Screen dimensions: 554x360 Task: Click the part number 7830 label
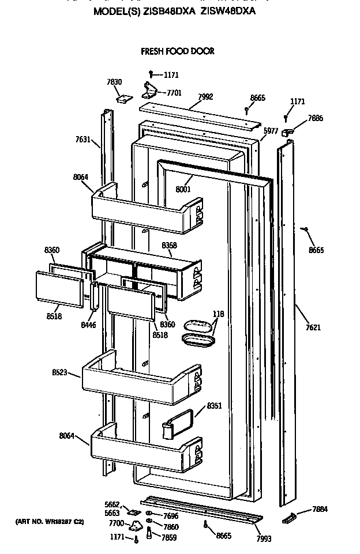point(114,82)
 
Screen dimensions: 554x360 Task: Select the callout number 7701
point(174,92)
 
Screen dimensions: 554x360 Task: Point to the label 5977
point(271,131)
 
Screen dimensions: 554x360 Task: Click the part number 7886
point(316,118)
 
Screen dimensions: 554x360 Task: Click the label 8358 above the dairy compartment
point(170,246)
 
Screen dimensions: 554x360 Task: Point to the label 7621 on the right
point(313,328)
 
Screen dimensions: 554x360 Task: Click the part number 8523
point(59,373)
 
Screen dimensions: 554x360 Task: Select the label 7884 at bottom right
point(320,509)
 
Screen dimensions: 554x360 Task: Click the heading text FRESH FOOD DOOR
point(178,51)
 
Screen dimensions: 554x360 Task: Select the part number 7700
point(117,523)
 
